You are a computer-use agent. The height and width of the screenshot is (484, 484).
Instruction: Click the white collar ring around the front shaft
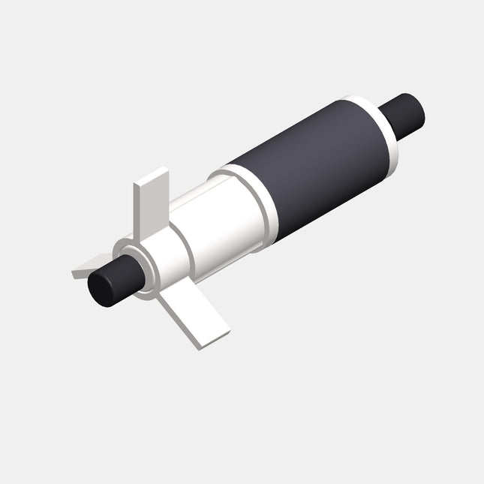tap(131, 267)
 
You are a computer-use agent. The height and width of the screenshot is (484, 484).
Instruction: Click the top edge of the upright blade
tap(152, 176)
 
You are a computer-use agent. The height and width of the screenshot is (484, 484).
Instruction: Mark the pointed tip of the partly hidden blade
tap(74, 274)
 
